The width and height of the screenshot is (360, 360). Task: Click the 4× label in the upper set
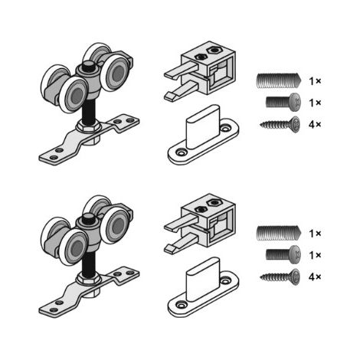(x=315, y=125)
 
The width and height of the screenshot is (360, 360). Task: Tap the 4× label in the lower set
(x=315, y=277)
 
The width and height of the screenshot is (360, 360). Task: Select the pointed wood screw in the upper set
(x=280, y=125)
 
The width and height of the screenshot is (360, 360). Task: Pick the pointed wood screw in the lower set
(x=280, y=277)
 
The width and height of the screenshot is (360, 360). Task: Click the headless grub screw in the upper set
(x=279, y=80)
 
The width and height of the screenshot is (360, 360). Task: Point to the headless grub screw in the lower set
(x=279, y=233)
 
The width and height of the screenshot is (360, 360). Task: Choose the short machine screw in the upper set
(x=283, y=103)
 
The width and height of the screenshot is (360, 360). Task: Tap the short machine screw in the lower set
(x=283, y=255)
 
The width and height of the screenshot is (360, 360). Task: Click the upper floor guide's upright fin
(x=203, y=127)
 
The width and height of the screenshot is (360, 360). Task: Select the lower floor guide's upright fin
(x=203, y=280)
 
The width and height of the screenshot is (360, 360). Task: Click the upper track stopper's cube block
(x=208, y=67)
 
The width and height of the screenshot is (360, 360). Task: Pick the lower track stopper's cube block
(x=208, y=220)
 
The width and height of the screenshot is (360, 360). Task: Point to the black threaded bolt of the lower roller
(x=89, y=263)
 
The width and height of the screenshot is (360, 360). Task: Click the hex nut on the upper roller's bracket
(x=88, y=127)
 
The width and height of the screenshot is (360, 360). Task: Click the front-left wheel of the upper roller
(x=74, y=94)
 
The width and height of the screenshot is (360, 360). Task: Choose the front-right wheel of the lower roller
(x=115, y=225)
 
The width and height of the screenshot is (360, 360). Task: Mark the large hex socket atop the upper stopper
(x=214, y=50)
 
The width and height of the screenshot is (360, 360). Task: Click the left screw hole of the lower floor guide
(x=182, y=305)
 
